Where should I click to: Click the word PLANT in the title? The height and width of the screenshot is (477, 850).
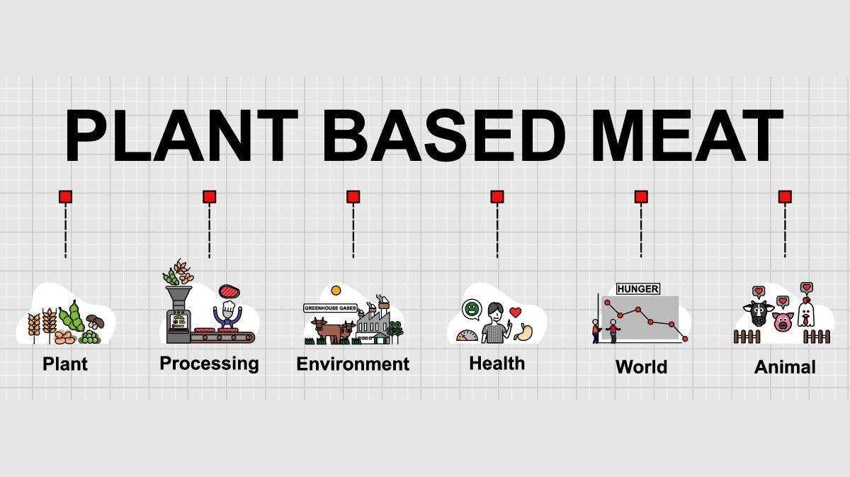click(181, 135)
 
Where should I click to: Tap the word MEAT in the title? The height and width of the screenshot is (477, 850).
click(687, 135)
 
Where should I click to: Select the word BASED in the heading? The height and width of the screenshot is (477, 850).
click(444, 135)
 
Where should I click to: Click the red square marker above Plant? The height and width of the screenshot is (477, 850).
click(65, 197)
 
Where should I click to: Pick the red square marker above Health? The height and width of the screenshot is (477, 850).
click(497, 197)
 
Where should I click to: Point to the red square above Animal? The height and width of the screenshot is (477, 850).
click(785, 197)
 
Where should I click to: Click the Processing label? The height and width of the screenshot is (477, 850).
click(209, 364)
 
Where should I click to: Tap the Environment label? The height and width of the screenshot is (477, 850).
click(353, 364)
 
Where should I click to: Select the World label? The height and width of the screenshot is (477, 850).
click(641, 367)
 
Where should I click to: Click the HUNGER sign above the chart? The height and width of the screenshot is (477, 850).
click(638, 289)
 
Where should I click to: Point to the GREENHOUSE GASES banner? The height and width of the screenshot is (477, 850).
click(330, 308)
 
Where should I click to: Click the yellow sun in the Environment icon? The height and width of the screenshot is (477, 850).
click(336, 291)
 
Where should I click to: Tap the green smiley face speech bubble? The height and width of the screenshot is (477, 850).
click(472, 309)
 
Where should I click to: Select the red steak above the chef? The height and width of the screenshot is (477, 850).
click(229, 291)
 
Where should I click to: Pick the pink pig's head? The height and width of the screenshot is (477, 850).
click(783, 322)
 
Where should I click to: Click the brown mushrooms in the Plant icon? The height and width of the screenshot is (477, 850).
click(95, 321)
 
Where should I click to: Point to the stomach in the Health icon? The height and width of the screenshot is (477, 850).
click(524, 332)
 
